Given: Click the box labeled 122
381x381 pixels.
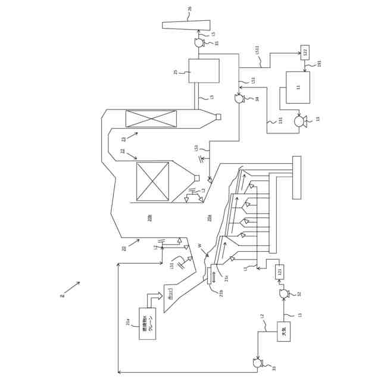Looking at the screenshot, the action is point(305,52).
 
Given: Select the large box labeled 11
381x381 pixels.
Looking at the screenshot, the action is point(298,88).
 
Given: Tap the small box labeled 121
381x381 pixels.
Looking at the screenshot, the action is point(279,272).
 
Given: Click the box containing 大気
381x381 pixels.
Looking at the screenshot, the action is point(283,332).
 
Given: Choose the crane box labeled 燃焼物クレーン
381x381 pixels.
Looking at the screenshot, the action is point(147,323).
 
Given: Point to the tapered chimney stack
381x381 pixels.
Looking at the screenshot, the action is point(186,25).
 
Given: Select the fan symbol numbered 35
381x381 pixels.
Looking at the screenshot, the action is point(199,43).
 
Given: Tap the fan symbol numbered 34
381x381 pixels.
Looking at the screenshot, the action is point(239,99).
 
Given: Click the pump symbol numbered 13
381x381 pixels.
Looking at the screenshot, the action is point(299,121).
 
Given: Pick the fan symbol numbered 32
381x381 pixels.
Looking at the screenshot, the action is point(284,293).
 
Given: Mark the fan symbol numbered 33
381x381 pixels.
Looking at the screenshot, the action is point(257,363).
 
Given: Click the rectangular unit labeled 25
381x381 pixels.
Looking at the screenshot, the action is point(204,71).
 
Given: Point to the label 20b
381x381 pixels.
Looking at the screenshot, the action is point(150,218).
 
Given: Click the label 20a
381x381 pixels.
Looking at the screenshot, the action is point(210,218).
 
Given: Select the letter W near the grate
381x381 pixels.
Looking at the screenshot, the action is point(200,246).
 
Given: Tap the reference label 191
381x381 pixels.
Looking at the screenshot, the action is point(319,63).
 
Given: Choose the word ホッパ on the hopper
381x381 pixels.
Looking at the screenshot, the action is point(171,293).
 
